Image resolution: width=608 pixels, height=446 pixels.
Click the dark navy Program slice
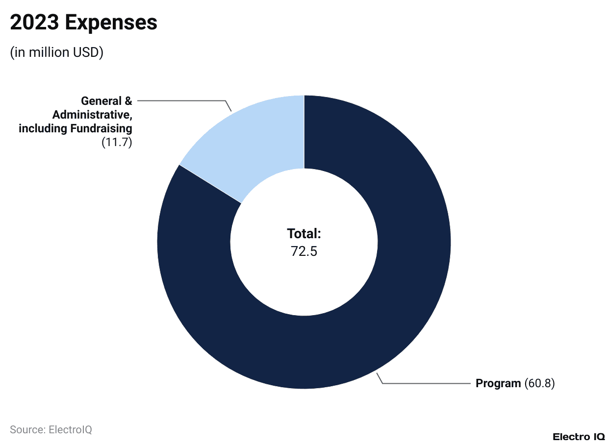pyautogui.click(x=392, y=294)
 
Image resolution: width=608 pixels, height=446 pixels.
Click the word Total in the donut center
pyautogui.click(x=304, y=233)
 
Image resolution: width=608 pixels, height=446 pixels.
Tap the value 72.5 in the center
pyautogui.click(x=304, y=251)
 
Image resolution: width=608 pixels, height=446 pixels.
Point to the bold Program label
pyautogui.click(x=498, y=383)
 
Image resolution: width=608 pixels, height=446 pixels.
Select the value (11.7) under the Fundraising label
pyautogui.click(x=117, y=143)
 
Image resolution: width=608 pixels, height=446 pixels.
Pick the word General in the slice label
pyautogui.click(x=101, y=101)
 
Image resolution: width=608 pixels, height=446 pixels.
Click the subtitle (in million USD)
pyautogui.click(x=56, y=52)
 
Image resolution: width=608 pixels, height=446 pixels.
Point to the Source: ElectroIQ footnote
pyautogui.click(x=51, y=430)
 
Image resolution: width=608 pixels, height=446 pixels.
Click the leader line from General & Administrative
pyautogui.click(x=181, y=101)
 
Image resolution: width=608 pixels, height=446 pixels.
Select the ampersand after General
pyautogui.click(x=128, y=101)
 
